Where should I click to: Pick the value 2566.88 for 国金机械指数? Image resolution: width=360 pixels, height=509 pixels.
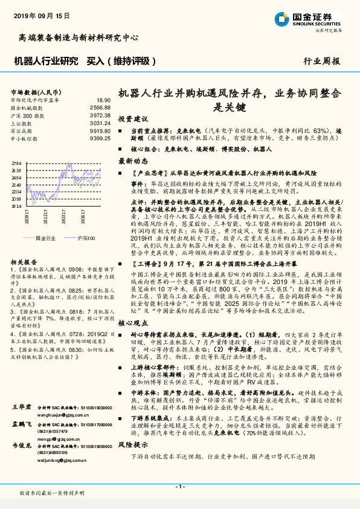(x=100, y=107)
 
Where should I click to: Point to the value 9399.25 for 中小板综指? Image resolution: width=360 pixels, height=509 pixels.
(x=100, y=138)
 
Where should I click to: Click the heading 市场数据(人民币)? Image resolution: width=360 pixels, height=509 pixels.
(x=33, y=92)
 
